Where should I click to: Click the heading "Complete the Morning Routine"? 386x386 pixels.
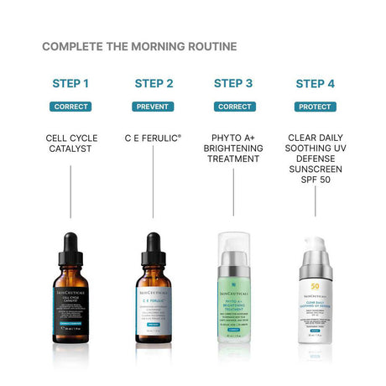139,46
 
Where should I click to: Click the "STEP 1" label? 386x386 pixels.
70,83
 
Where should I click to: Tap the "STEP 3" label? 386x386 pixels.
233,83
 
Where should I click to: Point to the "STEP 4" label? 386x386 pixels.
315,83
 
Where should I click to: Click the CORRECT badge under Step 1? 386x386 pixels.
70,107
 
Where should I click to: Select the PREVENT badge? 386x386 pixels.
152,107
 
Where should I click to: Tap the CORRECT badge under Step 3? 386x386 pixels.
233,107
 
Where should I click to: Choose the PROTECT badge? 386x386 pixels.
315,107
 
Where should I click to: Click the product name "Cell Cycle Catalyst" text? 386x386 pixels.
70,143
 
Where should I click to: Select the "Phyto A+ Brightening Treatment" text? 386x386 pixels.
233,149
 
